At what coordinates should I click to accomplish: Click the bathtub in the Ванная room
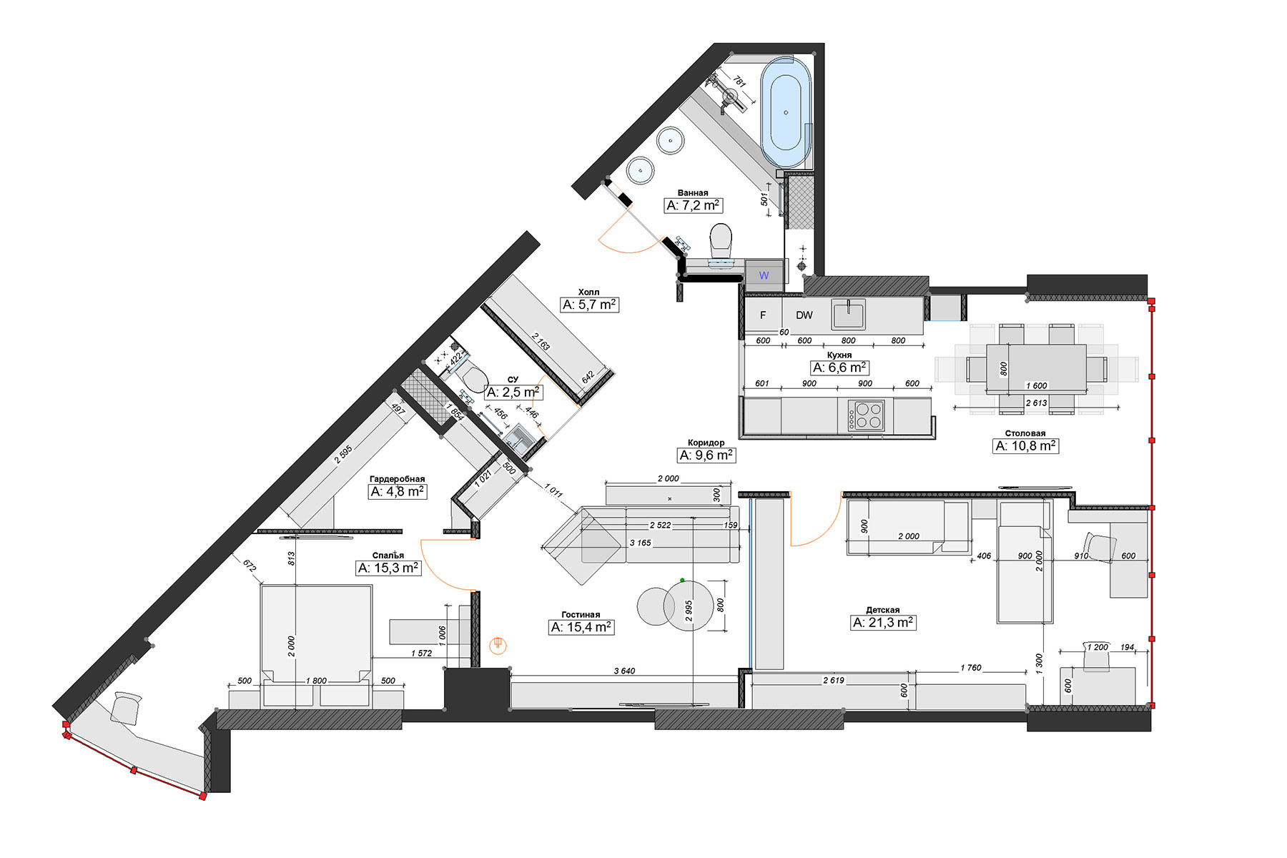786,113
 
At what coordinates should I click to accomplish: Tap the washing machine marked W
764,275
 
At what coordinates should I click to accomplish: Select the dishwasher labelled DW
804,315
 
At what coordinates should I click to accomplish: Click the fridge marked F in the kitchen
763,315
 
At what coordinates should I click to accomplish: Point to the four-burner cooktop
867,415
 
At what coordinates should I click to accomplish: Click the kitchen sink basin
849,315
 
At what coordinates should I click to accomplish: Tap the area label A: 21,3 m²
884,623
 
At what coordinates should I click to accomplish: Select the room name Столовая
1025,433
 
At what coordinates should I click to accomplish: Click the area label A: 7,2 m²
694,205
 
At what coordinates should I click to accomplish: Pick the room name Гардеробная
398,479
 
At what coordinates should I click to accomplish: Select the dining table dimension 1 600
1037,385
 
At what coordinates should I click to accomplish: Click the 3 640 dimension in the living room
624,671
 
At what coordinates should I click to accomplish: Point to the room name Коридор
706,443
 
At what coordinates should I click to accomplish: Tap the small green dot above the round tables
683,580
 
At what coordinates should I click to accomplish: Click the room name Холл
589,292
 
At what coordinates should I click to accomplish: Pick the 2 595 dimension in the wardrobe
344,455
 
